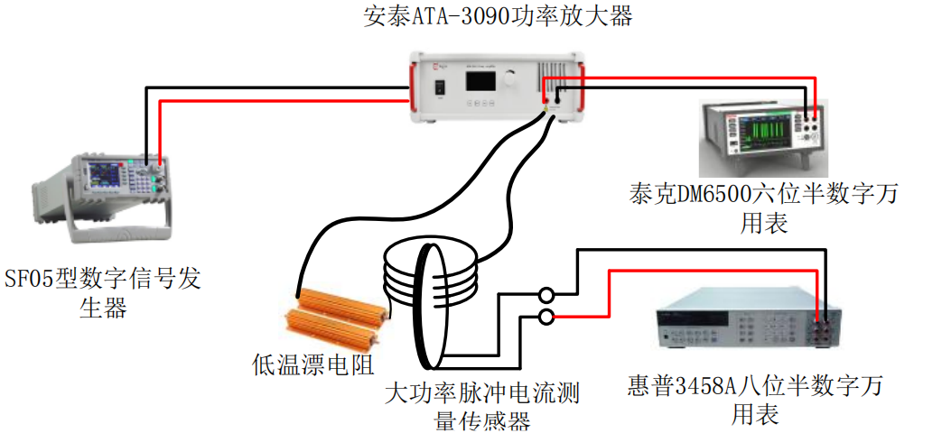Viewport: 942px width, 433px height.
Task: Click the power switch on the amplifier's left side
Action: pyautogui.click(x=440, y=87)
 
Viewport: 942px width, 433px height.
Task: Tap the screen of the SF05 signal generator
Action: pyautogui.click(x=98, y=175)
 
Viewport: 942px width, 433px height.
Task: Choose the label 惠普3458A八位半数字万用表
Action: pyautogui.click(x=755, y=401)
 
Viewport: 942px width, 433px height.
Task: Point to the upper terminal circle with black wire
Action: pyautogui.click(x=546, y=295)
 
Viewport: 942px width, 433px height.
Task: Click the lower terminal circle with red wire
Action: pyautogui.click(x=546, y=317)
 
